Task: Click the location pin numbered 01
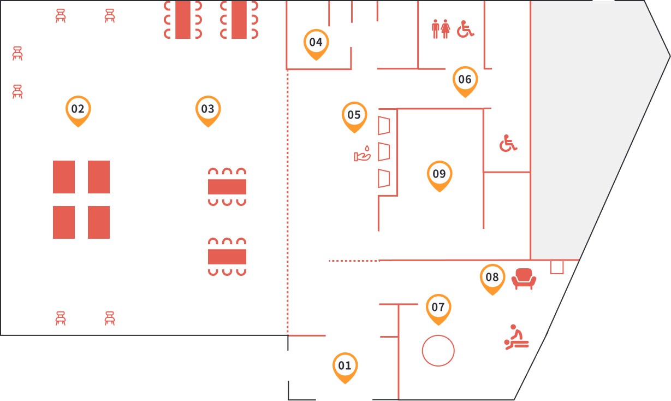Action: click(x=345, y=366)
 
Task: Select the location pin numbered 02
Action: click(x=78, y=109)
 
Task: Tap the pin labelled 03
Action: click(x=208, y=109)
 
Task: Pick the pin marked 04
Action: click(x=316, y=43)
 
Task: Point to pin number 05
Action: click(x=354, y=115)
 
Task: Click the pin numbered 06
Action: click(x=465, y=80)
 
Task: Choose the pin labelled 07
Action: click(x=438, y=308)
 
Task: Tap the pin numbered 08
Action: click(x=492, y=278)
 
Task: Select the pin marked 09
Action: click(x=440, y=174)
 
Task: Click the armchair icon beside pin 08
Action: click(x=524, y=279)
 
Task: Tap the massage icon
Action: click(x=516, y=337)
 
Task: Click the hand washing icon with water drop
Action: click(x=363, y=154)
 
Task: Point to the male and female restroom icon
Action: click(x=441, y=29)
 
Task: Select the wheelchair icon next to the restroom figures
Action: click(x=465, y=29)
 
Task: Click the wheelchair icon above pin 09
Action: click(x=508, y=143)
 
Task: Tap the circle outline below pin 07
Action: click(x=438, y=351)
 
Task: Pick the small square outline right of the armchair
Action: click(x=557, y=267)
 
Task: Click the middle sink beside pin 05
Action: click(x=384, y=152)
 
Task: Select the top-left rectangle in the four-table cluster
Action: click(x=64, y=177)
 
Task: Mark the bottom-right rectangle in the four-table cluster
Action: click(x=99, y=222)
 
